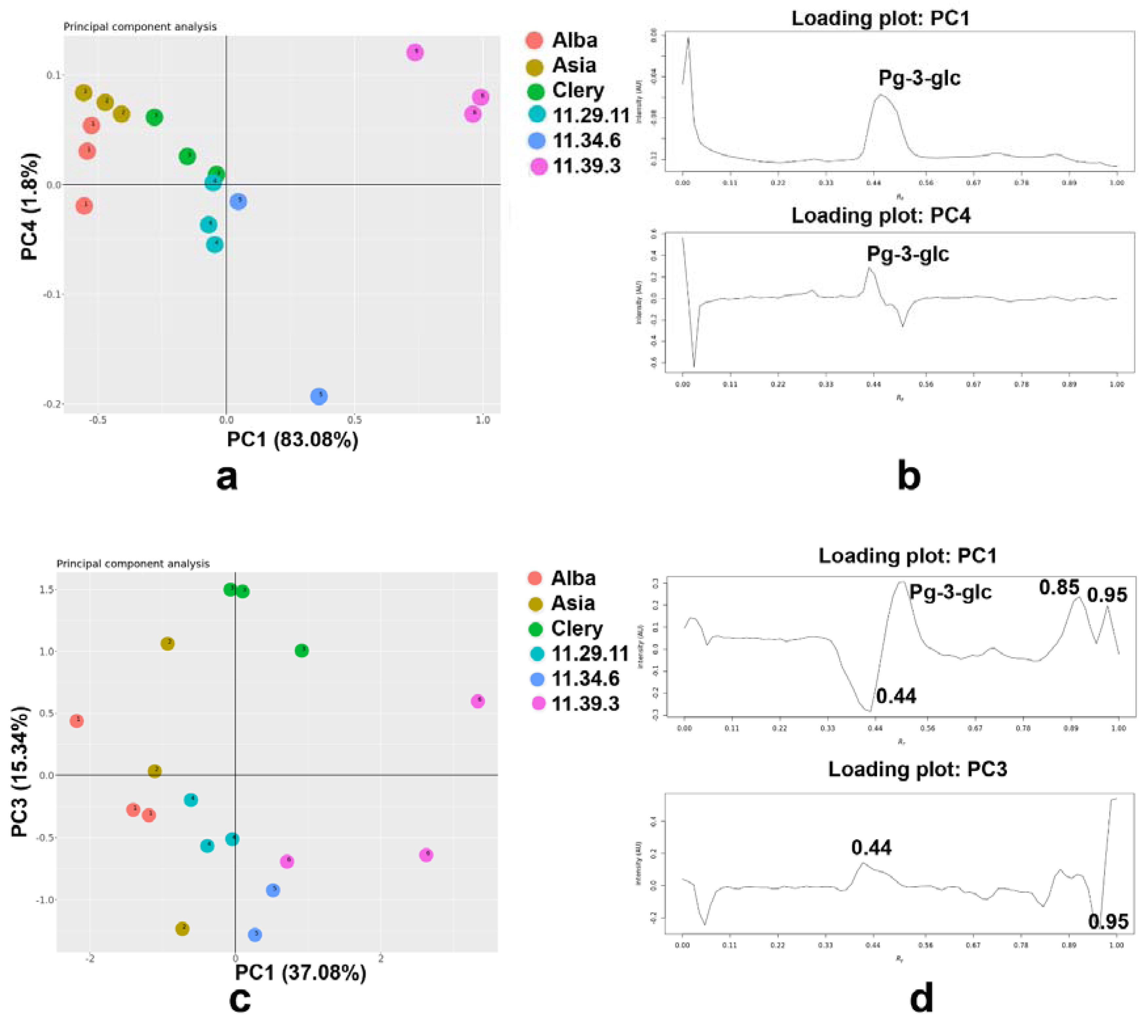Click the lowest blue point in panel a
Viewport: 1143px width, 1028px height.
click(x=319, y=396)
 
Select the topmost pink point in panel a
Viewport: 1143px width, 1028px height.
click(x=415, y=52)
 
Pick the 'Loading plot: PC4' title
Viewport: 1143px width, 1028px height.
click(x=880, y=216)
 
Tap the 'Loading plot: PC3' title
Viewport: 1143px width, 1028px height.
click(x=917, y=769)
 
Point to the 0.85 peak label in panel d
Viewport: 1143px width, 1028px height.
click(x=1059, y=588)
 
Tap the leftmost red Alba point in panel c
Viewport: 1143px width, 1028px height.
click(x=77, y=721)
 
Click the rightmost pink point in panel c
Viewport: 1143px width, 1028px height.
click(x=478, y=701)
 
